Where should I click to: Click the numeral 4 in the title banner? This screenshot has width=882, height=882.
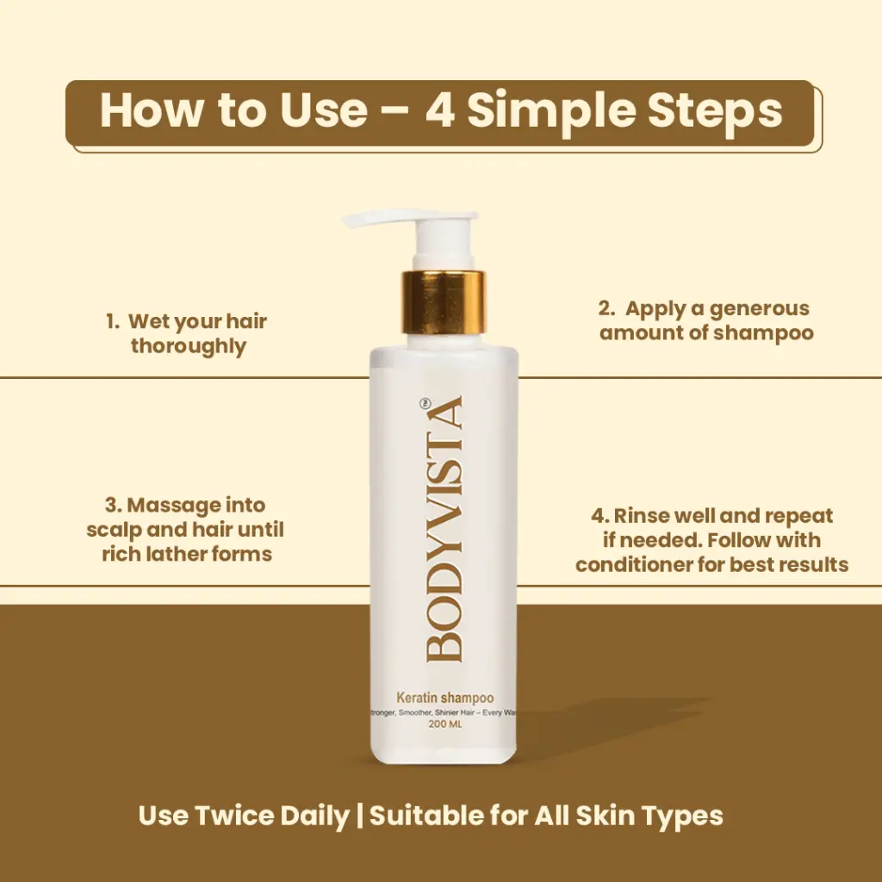click(439, 109)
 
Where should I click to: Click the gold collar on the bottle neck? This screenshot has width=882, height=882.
click(444, 302)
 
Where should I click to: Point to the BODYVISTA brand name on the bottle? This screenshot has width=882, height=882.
click(444, 529)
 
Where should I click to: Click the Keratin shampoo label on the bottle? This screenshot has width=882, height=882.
click(445, 698)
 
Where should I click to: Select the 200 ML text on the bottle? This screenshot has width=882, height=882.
click(445, 724)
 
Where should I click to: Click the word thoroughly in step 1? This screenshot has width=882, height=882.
click(189, 346)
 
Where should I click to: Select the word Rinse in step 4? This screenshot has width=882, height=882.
click(642, 516)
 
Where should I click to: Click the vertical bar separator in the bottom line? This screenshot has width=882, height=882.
click(359, 817)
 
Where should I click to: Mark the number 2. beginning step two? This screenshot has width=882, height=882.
click(607, 308)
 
